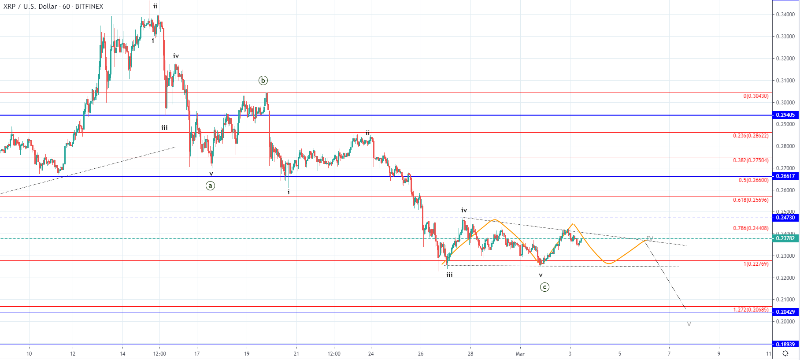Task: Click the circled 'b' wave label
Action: pos(263,80)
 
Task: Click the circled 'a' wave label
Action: pos(211,186)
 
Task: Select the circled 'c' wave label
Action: pos(544,287)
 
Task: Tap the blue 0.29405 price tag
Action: pos(785,115)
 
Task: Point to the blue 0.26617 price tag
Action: pos(785,176)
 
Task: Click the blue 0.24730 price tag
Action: pos(785,218)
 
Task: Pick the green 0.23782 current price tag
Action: pos(785,238)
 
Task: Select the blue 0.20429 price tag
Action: pos(785,312)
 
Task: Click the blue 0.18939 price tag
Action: pos(785,345)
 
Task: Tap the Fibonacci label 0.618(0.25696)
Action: pos(751,200)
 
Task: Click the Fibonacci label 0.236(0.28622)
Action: pos(751,136)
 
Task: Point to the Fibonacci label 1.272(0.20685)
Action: pos(751,310)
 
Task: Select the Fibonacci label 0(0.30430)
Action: pos(756,96)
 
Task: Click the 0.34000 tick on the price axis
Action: pos(785,15)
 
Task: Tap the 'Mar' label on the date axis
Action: pos(520,354)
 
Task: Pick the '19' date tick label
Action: pos(247,354)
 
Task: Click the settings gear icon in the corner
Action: pos(785,353)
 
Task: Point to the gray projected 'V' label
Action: pos(689,324)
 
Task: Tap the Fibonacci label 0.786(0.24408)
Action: pos(751,228)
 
